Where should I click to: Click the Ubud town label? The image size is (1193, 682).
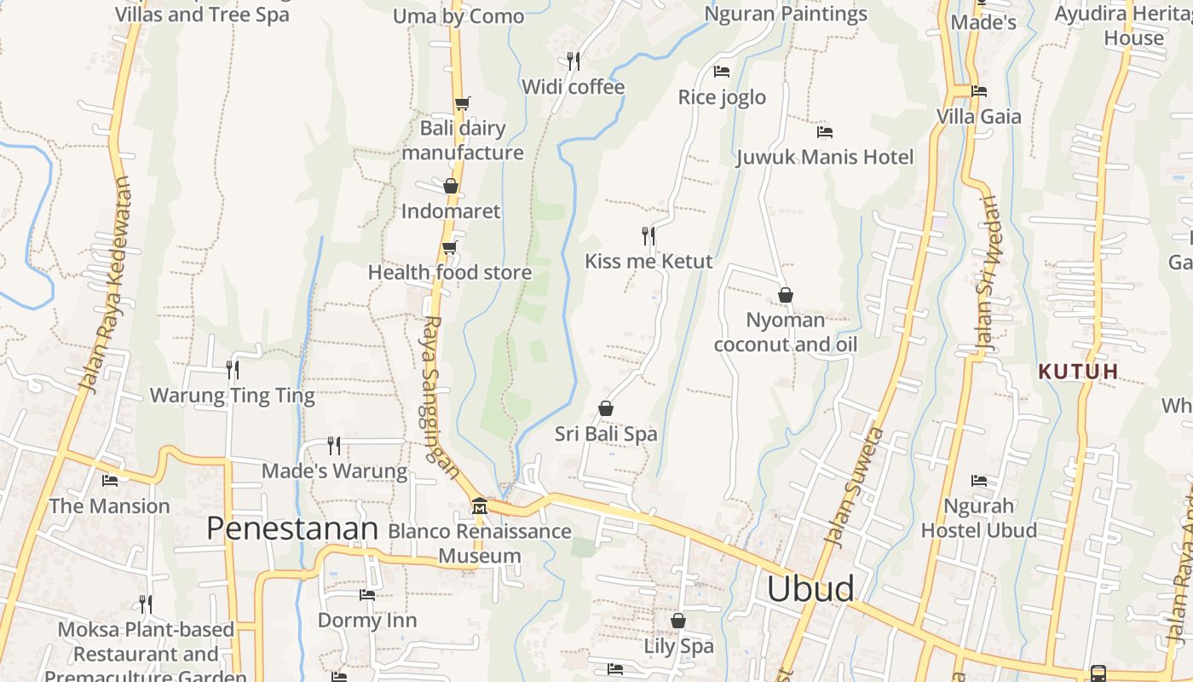coord(810,589)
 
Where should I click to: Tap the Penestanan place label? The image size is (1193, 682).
coord(292,529)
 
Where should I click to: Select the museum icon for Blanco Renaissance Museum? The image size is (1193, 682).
coord(479,507)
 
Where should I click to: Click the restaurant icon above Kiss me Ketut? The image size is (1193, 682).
coord(648,234)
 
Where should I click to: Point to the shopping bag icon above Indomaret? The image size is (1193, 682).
coord(451,186)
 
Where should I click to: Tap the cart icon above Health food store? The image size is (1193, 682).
coord(449,247)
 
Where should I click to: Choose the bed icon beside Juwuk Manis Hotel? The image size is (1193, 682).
coord(824,132)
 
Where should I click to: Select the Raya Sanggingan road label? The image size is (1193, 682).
coord(441,396)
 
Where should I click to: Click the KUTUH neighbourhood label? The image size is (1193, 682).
coord(1078,372)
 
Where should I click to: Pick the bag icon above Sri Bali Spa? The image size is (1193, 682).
coord(606,408)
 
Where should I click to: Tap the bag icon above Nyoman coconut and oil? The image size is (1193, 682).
coord(786,295)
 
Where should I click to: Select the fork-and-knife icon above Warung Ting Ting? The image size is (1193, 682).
coord(232,369)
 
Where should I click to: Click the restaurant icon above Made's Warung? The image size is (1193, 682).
coord(334,445)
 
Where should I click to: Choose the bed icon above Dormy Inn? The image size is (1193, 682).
coord(367,594)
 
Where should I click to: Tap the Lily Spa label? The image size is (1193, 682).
coord(678,646)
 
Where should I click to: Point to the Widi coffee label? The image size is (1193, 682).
coord(573,87)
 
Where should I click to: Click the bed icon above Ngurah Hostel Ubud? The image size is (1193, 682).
coord(979,481)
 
